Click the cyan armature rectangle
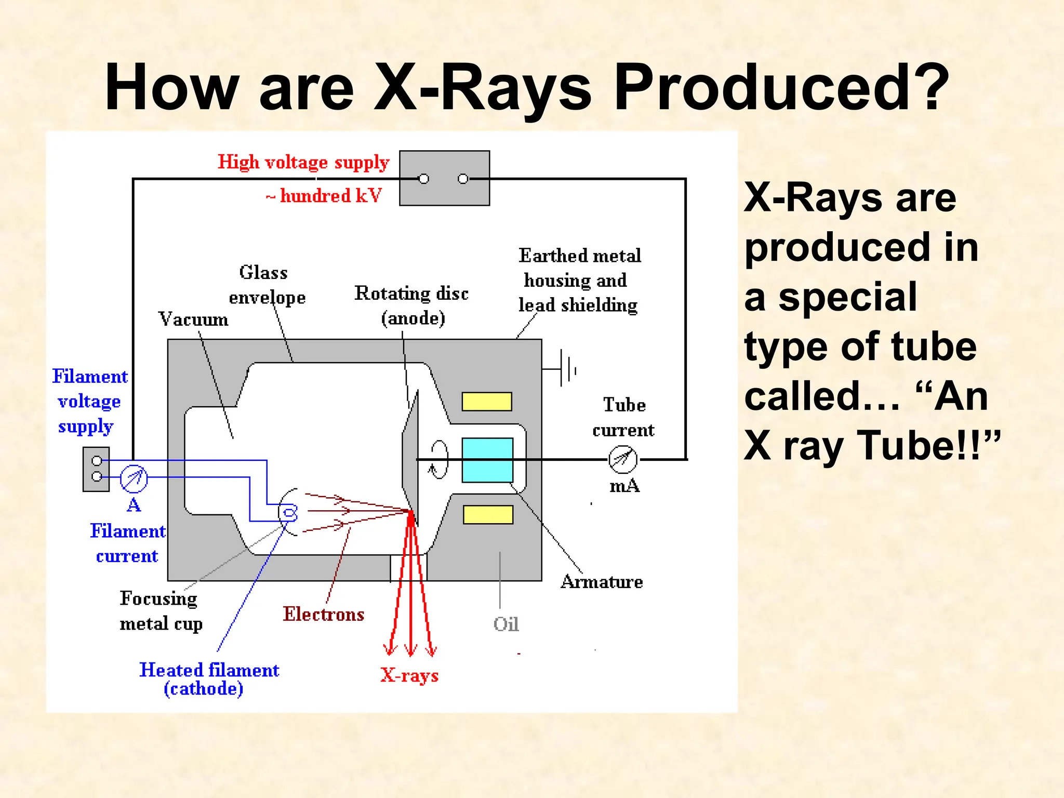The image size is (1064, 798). click(487, 460)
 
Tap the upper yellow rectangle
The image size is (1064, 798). click(487, 402)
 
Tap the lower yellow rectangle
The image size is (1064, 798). click(488, 514)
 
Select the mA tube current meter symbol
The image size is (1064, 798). click(622, 459)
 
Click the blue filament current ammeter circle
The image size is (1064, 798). click(134, 478)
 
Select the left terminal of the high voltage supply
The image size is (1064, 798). click(424, 179)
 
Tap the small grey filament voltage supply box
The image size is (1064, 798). click(96, 469)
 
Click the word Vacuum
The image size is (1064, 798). click(193, 319)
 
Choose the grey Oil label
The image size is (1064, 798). click(506, 624)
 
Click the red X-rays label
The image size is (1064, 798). click(409, 675)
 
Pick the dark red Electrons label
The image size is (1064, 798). click(323, 614)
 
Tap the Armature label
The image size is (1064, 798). click(602, 581)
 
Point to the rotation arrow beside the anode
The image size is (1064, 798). click(438, 459)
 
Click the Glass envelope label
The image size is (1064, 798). click(267, 285)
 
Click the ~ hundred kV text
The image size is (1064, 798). click(324, 196)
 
